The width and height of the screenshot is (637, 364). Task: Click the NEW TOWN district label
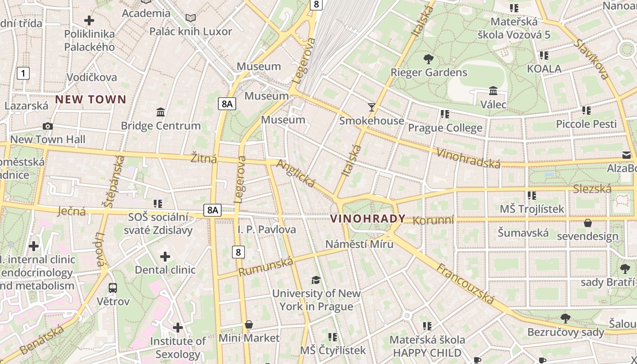click(91, 99)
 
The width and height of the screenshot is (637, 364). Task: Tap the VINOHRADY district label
click(368, 218)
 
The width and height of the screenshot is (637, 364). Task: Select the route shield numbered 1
click(23, 73)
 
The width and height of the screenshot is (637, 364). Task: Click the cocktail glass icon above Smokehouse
click(372, 107)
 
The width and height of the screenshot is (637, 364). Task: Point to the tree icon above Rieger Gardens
click(428, 59)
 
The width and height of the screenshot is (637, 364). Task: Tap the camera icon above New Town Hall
click(47, 126)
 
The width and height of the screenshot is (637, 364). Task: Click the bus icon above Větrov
click(113, 288)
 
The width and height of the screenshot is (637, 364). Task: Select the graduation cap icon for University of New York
click(316, 279)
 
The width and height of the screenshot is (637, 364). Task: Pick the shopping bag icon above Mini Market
click(248, 324)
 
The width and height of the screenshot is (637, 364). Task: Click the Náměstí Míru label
click(359, 244)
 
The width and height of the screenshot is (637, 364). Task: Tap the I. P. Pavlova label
click(267, 229)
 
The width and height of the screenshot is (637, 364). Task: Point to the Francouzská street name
click(465, 283)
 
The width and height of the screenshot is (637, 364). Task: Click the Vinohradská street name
click(468, 158)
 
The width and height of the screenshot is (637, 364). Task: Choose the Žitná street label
click(203, 159)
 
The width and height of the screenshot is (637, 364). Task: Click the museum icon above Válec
click(493, 91)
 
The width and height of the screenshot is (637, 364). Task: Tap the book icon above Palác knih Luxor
click(191, 18)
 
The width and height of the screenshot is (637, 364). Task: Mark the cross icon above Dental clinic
click(165, 257)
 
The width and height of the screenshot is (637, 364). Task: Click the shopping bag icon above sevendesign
click(588, 223)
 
